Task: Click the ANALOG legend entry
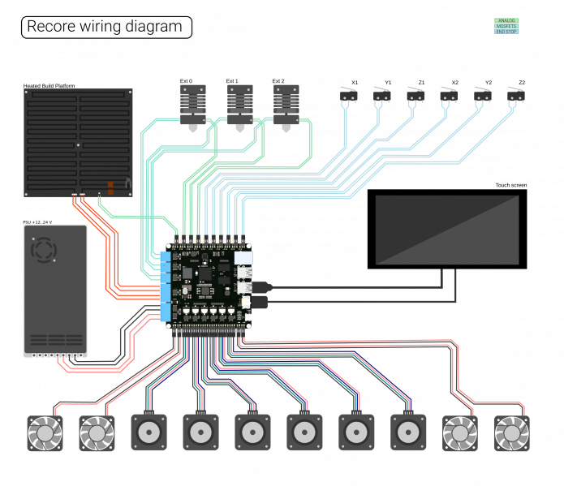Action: pos(506,20)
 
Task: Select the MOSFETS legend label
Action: pos(506,26)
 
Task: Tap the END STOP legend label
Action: pos(506,32)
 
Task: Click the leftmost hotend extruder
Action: pos(193,106)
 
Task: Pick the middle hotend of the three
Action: pos(240,106)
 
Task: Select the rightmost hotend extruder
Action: pos(286,106)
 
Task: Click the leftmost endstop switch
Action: pos(348,95)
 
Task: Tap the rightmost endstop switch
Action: pos(515,95)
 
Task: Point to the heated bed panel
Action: pos(78,142)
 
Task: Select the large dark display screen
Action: pos(447,230)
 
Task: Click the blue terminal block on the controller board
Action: pos(166,286)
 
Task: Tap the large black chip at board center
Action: pos(205,274)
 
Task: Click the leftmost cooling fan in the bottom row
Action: pos(45,433)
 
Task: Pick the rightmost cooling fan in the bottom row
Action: pos(511,433)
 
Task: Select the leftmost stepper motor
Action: pos(149,432)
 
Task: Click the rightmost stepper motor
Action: pos(408,432)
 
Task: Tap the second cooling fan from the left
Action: pos(97,433)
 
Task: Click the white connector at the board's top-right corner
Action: pos(243,258)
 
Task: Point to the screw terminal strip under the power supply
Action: pos(55,355)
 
